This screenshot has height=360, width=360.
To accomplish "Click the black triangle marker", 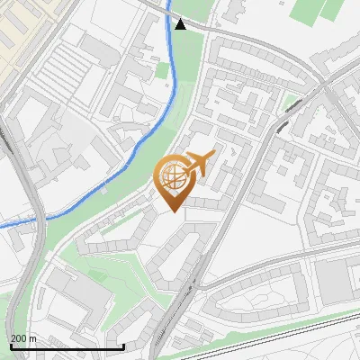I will (181, 24).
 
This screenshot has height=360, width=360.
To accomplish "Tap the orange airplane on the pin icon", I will (199, 163).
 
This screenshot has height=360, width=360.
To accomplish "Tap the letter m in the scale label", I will (32, 338).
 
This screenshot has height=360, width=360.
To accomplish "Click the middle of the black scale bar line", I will (67, 346).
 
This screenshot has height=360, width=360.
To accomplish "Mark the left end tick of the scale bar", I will (11, 345).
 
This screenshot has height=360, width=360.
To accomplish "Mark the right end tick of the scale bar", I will (123, 345).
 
